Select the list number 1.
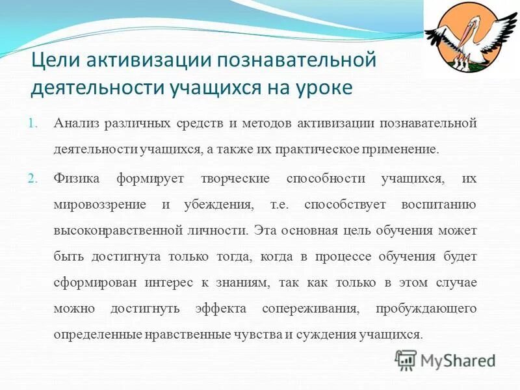pos(34,123)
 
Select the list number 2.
pos(34,179)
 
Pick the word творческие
pos(235,178)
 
